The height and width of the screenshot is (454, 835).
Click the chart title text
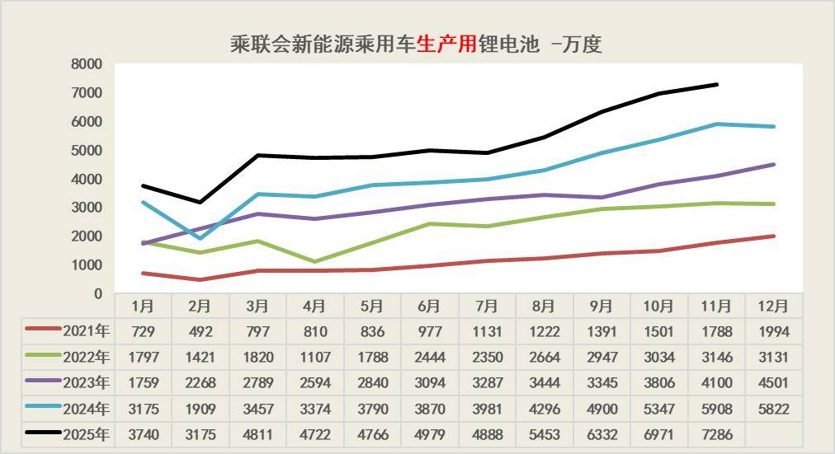pyautogui.click(x=416, y=44)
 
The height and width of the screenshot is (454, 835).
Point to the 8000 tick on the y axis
pyautogui.click(x=87, y=64)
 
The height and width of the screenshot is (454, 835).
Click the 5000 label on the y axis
pyautogui.click(x=87, y=150)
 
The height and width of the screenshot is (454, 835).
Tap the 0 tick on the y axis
pyautogui.click(x=97, y=294)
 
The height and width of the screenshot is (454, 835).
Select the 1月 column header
pyautogui.click(x=143, y=306)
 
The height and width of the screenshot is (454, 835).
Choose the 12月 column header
pyautogui.click(x=773, y=306)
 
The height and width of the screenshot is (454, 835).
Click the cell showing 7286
pyautogui.click(x=715, y=434)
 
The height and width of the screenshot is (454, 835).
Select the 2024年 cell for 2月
pyautogui.click(x=200, y=409)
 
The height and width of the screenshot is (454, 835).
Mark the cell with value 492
pyautogui.click(x=200, y=332)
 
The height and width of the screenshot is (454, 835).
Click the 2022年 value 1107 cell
pyautogui.click(x=314, y=358)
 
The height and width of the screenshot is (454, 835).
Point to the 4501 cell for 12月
pyautogui.click(x=773, y=383)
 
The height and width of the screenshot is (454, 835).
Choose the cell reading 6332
pyautogui.click(x=601, y=434)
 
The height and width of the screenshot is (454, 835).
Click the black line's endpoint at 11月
pyautogui.click(x=716, y=84)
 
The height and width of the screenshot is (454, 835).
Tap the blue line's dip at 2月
pyautogui.click(x=200, y=239)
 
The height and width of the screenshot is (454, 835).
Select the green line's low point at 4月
pyautogui.click(x=314, y=262)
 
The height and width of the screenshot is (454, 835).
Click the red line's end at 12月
pyautogui.click(x=773, y=236)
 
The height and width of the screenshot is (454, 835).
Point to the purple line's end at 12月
pyautogui.click(x=773, y=165)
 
